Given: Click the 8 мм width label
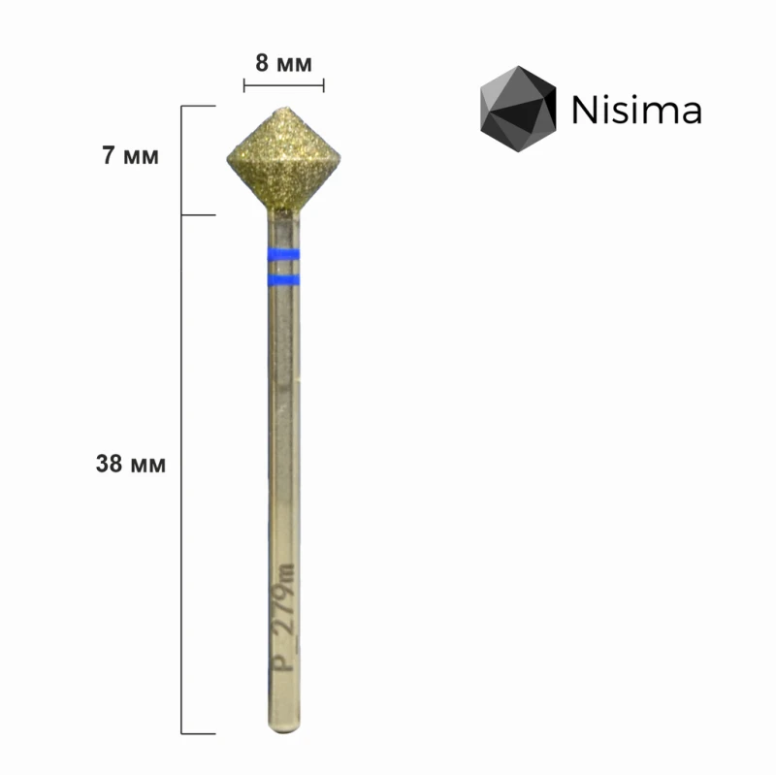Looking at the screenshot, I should click(283, 64).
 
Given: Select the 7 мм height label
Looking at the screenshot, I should click(131, 156).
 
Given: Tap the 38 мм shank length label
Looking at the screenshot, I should click(131, 464).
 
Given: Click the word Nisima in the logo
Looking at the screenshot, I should click(636, 111).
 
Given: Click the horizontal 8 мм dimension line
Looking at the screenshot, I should click(283, 86).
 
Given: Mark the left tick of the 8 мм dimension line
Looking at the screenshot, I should click(243, 86).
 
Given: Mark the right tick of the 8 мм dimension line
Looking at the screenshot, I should click(324, 86).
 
